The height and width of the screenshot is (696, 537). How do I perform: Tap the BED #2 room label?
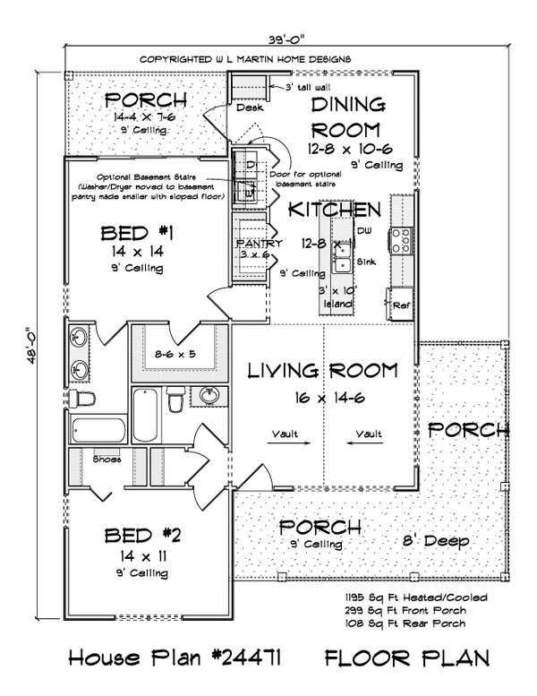pyautogui.click(x=143, y=536)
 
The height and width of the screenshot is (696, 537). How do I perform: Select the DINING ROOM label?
pyautogui.click(x=347, y=116)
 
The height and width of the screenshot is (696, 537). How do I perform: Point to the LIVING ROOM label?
pyautogui.click(x=320, y=369)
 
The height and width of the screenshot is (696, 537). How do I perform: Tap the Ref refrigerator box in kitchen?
pyautogui.click(x=401, y=305)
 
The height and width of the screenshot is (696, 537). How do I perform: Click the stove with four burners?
pyautogui.click(x=400, y=241)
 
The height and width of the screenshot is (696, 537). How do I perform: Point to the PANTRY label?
pyautogui.click(x=260, y=244)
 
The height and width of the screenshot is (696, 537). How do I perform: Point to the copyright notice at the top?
pyautogui.click(x=244, y=59)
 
